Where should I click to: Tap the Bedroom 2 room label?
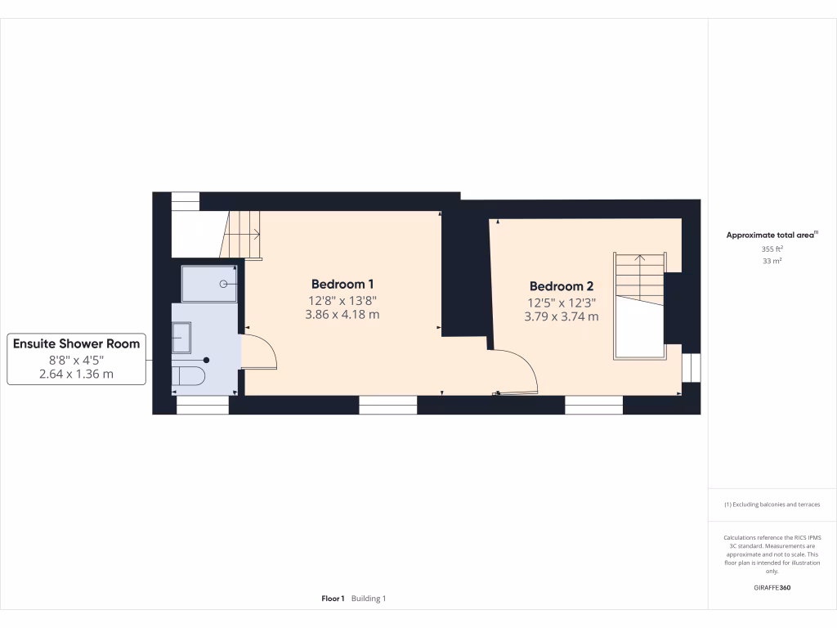[561, 286]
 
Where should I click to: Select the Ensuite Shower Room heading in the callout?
[76, 343]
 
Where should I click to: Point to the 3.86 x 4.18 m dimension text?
[342, 314]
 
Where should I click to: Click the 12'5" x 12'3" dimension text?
[561, 302]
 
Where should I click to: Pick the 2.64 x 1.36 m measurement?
[76, 375]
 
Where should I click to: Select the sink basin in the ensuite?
[181, 336]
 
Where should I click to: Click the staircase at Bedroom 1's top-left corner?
[242, 234]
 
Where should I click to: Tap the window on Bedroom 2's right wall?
[691, 367]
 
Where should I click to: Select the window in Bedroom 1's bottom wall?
[387, 404]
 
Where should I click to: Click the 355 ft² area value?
[771, 249]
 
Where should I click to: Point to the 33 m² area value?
[771, 261]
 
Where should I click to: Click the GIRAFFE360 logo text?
[772, 587]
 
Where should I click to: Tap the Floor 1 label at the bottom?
[333, 599]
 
